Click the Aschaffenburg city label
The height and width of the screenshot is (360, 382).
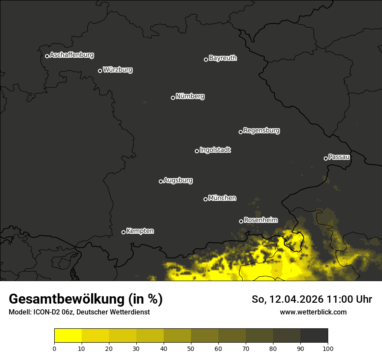(x=72, y=55)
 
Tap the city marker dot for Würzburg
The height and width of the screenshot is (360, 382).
(x=100, y=71)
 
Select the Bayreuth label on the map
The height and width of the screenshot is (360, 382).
(x=223, y=58)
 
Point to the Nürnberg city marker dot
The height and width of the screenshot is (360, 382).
(x=173, y=98)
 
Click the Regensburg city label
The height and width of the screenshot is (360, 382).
(x=261, y=131)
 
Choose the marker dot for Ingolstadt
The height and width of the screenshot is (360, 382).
(x=197, y=151)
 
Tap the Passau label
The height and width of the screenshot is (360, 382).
(x=339, y=157)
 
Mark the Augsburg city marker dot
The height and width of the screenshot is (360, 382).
(x=161, y=181)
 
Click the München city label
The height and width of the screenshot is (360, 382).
(x=222, y=198)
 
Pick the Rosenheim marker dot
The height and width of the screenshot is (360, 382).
(x=241, y=221)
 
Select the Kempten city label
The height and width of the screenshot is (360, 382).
(x=140, y=231)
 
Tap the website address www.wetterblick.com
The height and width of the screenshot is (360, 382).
(x=313, y=312)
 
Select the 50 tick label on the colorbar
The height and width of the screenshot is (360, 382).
(x=191, y=348)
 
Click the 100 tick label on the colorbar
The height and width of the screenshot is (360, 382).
(x=327, y=348)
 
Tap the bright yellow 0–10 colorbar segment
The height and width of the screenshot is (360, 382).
(x=68, y=336)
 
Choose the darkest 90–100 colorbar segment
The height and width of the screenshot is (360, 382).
(x=314, y=336)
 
